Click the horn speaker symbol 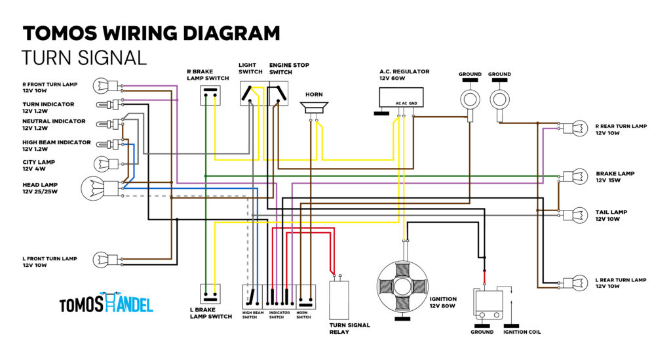[x=314, y=107]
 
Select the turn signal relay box [x=339, y=300]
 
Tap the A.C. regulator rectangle [x=401, y=98]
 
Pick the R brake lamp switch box [x=210, y=95]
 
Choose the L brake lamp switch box [x=210, y=294]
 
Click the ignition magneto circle [x=402, y=286]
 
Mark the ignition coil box [x=488, y=304]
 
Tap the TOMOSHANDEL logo [x=106, y=303]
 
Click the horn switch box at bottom [x=306, y=297]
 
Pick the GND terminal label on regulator [x=413, y=104]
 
